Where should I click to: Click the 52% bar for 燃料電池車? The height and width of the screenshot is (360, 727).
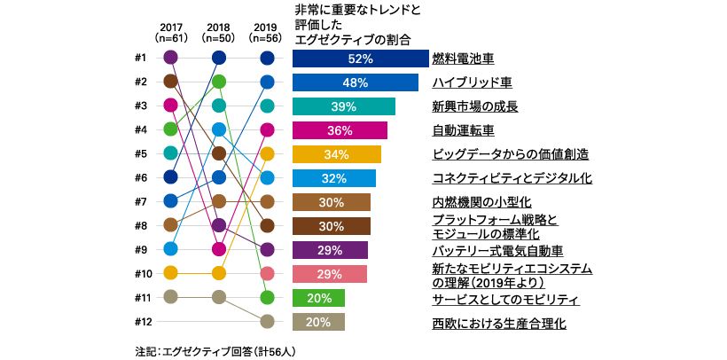point(360,59)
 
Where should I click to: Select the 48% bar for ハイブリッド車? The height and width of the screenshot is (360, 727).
point(355,82)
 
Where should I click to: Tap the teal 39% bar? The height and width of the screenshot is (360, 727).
point(343,106)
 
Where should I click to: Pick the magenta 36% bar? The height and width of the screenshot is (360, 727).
point(340,130)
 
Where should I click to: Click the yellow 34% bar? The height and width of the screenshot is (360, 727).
point(336,154)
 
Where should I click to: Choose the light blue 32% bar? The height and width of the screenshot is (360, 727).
point(333,178)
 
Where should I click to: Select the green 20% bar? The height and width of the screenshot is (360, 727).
point(318,298)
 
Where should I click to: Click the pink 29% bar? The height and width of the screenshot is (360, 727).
point(330,274)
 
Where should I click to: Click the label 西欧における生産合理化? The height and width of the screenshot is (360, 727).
point(499,323)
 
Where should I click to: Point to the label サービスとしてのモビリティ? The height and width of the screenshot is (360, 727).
point(504,299)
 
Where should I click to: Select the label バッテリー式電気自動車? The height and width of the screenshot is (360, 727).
point(497,251)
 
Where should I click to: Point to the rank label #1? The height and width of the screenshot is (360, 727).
point(139,59)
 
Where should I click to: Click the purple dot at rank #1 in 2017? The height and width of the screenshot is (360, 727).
point(171,59)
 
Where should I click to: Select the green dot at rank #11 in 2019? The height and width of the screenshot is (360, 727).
point(267,298)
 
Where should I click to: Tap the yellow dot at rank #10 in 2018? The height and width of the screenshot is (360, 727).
point(219,273)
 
